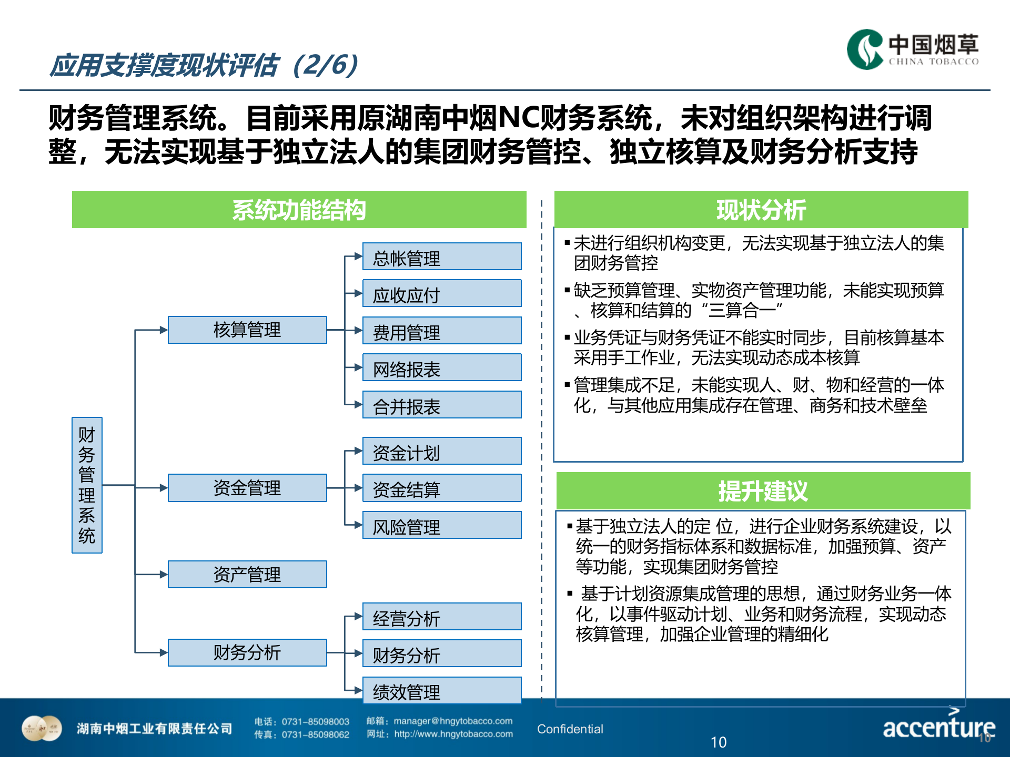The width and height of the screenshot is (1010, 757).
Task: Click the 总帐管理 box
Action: pos(442,257)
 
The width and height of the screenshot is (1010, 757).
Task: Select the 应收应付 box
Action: pos(442,294)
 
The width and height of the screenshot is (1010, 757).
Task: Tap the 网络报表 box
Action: pos(442,368)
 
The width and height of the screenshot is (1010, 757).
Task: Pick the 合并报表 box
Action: pos(442,405)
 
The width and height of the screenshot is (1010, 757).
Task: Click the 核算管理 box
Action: pos(247,330)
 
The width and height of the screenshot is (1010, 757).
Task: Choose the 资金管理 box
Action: pos(247,488)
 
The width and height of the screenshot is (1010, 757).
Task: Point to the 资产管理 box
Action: pos(247,575)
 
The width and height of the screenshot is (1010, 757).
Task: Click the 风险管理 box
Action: pos(442,526)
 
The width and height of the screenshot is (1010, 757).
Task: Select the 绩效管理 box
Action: pos(442,691)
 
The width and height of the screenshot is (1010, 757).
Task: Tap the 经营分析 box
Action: pos(442,617)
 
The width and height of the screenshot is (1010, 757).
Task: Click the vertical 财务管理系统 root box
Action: pos(87,485)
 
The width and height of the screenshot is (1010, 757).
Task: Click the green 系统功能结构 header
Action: pos(299,210)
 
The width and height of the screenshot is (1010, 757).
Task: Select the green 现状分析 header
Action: pos(761,210)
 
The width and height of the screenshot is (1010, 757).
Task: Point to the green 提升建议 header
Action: pos(763,491)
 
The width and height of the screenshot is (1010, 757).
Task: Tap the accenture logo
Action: pos(938,727)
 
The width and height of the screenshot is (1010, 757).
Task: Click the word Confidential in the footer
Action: pos(570,729)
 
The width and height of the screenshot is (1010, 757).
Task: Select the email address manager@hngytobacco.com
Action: pos(453,721)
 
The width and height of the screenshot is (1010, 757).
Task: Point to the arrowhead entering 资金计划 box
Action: pos(359,451)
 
